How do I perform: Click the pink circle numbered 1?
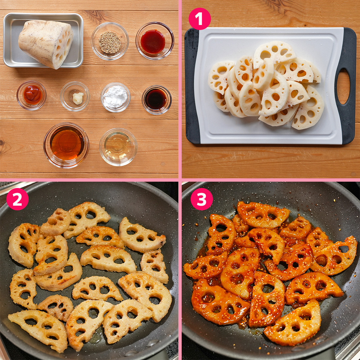pos(200,19)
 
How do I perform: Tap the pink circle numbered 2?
pos(17,199)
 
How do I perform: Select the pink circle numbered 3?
pos(202,199)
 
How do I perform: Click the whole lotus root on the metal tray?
pos(46,44)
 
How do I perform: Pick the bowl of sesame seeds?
pos(110,41)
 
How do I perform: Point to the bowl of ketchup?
pos(31,95)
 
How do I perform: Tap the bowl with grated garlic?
pos(75,96)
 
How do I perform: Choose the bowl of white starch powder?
pos(115,97)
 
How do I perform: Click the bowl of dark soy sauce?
pos(157,100)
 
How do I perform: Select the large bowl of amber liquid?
pos(66,145)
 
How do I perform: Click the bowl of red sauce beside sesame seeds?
pos(155,41)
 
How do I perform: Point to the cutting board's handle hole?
pos(343,86)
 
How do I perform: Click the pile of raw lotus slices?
pos(266,85)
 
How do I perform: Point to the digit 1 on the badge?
pos(200,19)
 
